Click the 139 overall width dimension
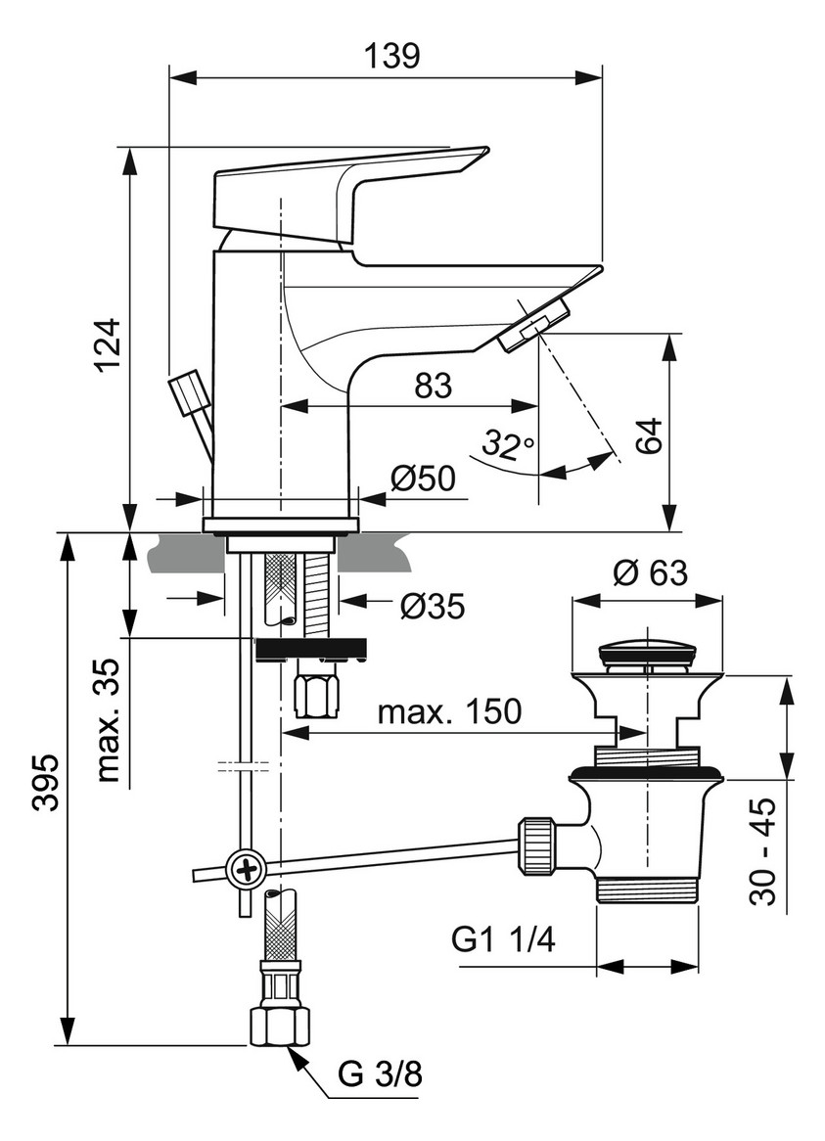click(x=395, y=56)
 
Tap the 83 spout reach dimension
click(x=432, y=387)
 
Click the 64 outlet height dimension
click(x=649, y=434)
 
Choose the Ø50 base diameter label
click(x=423, y=479)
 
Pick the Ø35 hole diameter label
click(x=431, y=608)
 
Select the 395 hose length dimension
click(x=45, y=783)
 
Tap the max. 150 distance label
click(x=449, y=711)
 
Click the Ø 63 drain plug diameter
click(x=650, y=572)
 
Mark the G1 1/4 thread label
click(x=503, y=940)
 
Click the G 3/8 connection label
click(x=381, y=1075)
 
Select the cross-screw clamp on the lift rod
click(x=245, y=867)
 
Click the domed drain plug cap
click(x=646, y=650)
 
